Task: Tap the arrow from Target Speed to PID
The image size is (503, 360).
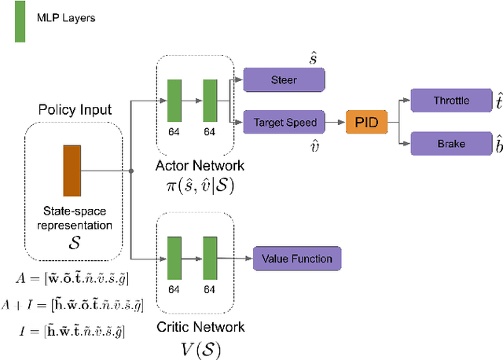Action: click(331, 122)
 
